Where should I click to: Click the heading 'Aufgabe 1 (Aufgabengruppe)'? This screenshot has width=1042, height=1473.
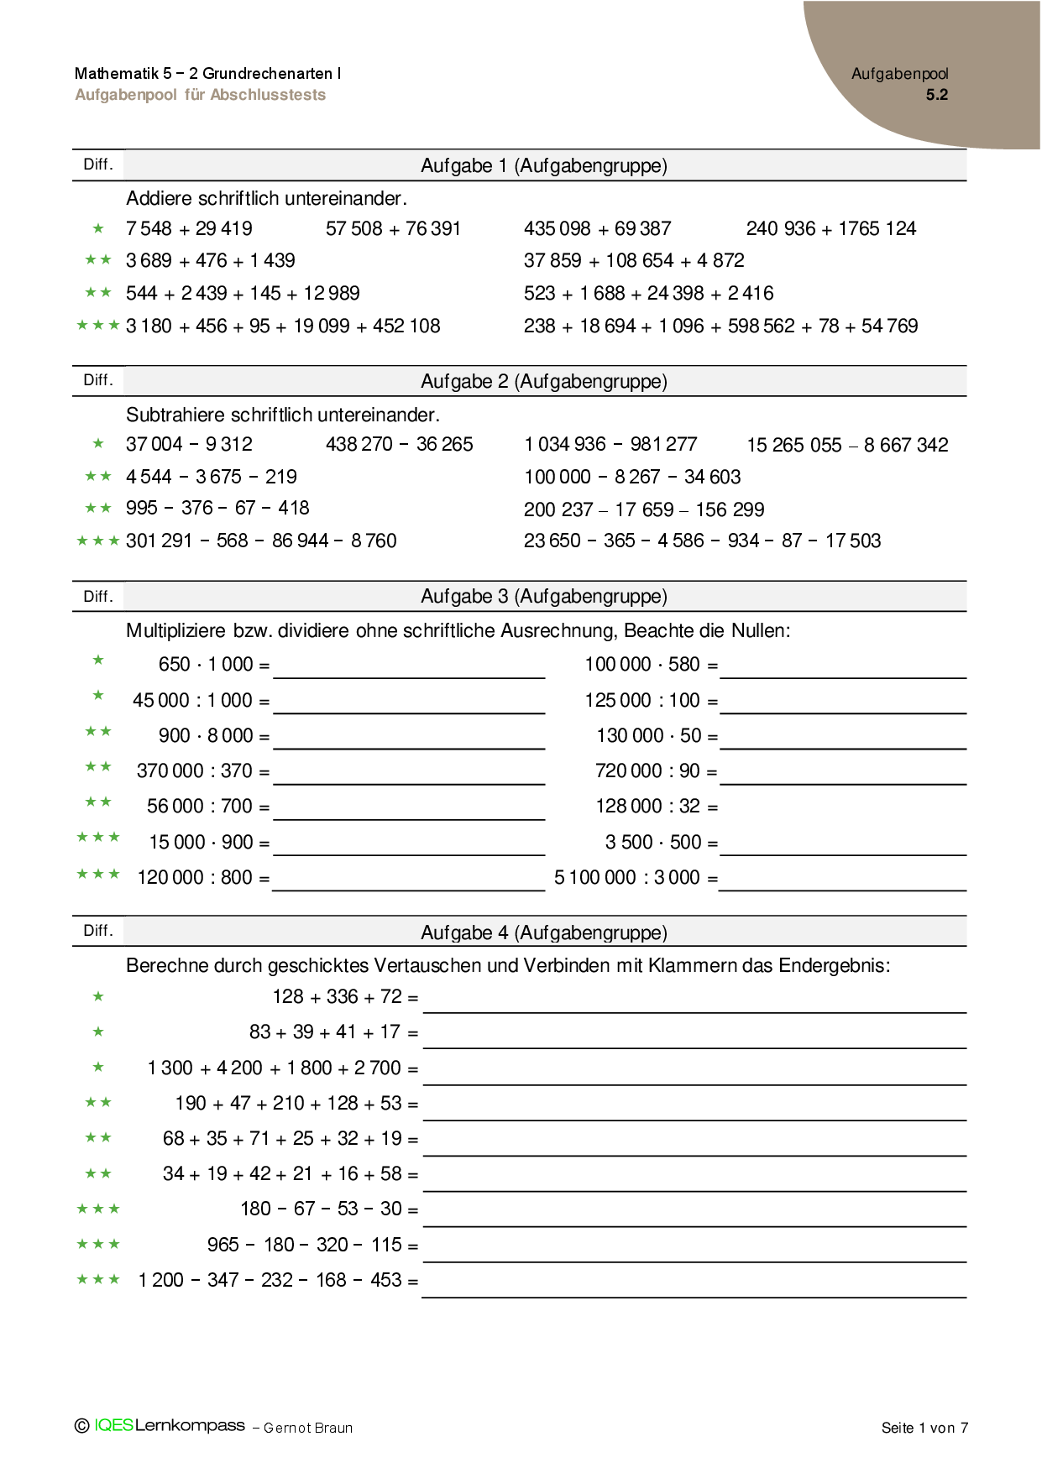543,165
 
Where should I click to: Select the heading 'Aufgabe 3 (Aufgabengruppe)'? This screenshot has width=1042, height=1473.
543,596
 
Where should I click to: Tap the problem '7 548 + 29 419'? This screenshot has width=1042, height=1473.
189,228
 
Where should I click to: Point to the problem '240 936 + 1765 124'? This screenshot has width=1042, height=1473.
830,228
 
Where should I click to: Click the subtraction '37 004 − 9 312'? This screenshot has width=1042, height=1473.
189,444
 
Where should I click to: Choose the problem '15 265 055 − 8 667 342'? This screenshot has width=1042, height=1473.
847,445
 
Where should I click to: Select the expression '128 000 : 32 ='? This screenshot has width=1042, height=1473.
657,807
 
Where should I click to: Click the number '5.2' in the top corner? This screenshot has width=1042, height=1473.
936,95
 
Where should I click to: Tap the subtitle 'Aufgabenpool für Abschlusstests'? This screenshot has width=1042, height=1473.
200,95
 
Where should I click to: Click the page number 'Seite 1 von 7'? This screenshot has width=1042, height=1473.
924,1428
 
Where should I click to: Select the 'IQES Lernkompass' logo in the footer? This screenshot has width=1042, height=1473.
169,1426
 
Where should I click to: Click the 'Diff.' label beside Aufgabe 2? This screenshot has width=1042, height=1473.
98,380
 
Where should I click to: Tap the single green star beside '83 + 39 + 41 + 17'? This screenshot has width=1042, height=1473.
98,1032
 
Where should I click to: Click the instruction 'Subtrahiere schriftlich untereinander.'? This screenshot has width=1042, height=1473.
283,415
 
